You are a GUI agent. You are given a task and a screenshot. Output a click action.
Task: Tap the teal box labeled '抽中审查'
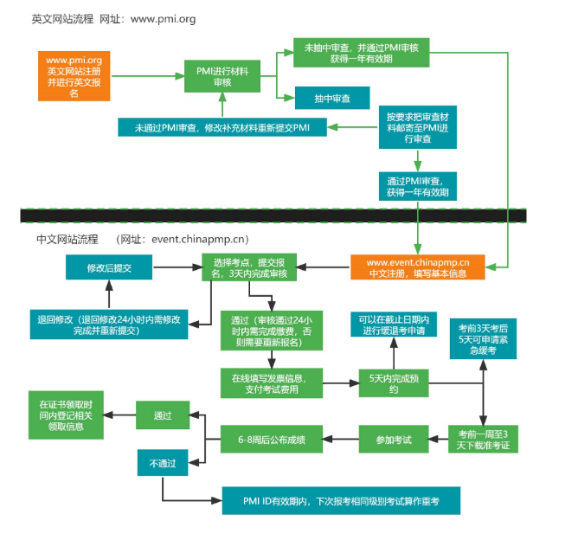coord(332,99)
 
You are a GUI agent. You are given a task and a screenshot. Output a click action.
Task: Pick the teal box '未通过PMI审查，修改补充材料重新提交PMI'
coord(222,127)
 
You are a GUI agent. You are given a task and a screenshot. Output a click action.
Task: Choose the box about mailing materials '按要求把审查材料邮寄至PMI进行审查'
coord(419,127)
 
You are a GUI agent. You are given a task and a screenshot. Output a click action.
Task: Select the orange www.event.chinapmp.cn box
coord(418,267)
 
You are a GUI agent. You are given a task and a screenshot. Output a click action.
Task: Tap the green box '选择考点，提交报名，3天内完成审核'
coord(250,267)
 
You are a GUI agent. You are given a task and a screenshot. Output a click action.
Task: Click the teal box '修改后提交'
coord(109,268)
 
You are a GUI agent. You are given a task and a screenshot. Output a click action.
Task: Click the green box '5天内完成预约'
coord(394,383)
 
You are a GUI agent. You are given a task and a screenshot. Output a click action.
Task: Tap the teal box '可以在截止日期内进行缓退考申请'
coord(394,325)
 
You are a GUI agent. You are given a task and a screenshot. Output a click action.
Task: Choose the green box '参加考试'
coord(394,440)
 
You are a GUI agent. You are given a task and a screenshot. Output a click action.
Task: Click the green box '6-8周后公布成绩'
coord(271,440)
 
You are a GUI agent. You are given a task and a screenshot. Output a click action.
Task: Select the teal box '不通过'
coord(162,463)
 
